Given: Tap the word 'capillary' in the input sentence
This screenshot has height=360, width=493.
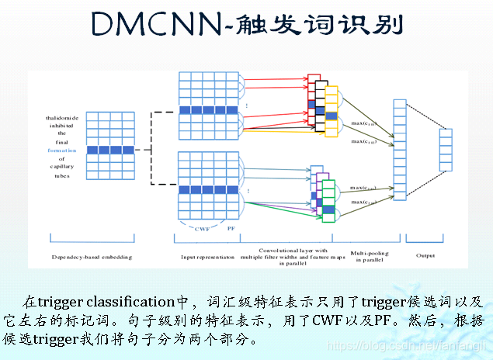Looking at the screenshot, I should pos(62,167).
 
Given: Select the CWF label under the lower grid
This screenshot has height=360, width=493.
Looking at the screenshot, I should pos(201,227).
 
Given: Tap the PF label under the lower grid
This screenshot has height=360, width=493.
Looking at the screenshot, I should pos(231,227).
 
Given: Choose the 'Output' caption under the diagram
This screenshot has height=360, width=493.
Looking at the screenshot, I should pos(425,254).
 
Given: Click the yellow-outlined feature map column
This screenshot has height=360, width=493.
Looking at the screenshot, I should pos(332,114).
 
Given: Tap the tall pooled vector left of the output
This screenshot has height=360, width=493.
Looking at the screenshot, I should pos(400,150).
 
